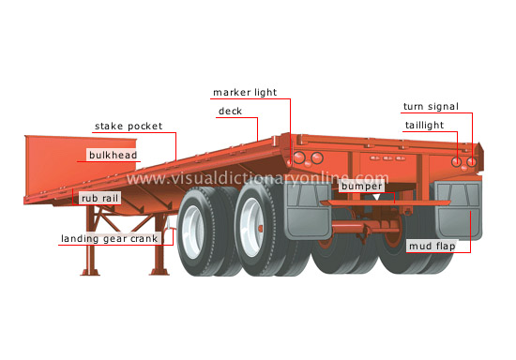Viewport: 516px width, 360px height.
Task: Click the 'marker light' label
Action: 250,93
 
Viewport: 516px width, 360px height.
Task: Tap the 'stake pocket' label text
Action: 129,126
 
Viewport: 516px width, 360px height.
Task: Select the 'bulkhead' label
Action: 112,154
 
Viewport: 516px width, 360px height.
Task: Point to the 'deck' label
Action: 230,112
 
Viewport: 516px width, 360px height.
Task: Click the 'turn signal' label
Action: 431,107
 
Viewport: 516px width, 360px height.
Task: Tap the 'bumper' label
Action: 360,187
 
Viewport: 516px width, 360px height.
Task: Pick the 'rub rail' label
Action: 100,199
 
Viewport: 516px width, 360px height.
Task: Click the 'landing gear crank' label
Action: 111,239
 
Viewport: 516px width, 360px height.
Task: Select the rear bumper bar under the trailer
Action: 361,202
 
